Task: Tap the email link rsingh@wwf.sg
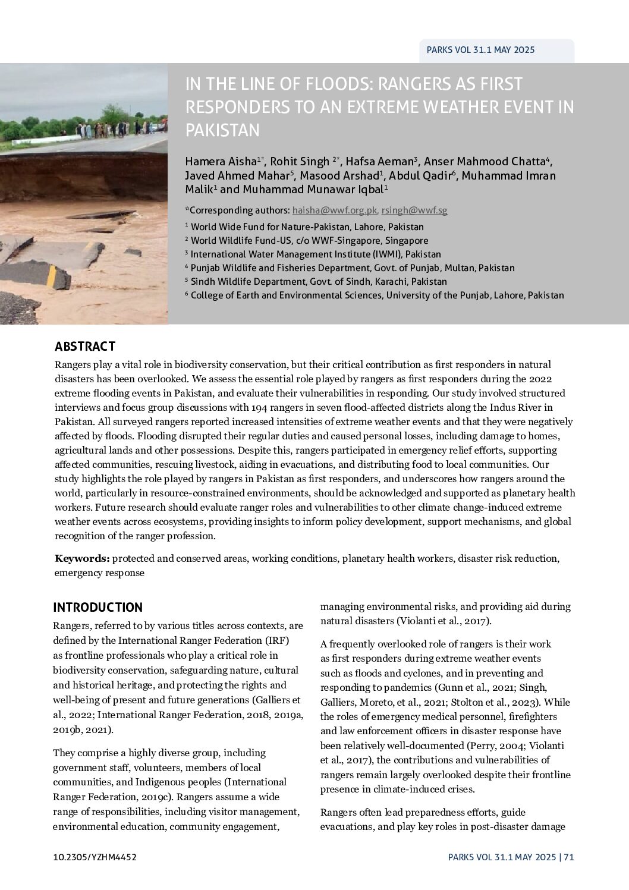(414, 210)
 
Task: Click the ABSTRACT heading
(85, 347)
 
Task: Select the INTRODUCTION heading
(98, 608)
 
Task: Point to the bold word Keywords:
(82, 559)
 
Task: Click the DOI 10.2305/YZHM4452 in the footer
(95, 857)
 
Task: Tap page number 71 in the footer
(569, 857)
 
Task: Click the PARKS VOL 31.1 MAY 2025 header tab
(480, 50)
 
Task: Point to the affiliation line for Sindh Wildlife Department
(319, 282)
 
